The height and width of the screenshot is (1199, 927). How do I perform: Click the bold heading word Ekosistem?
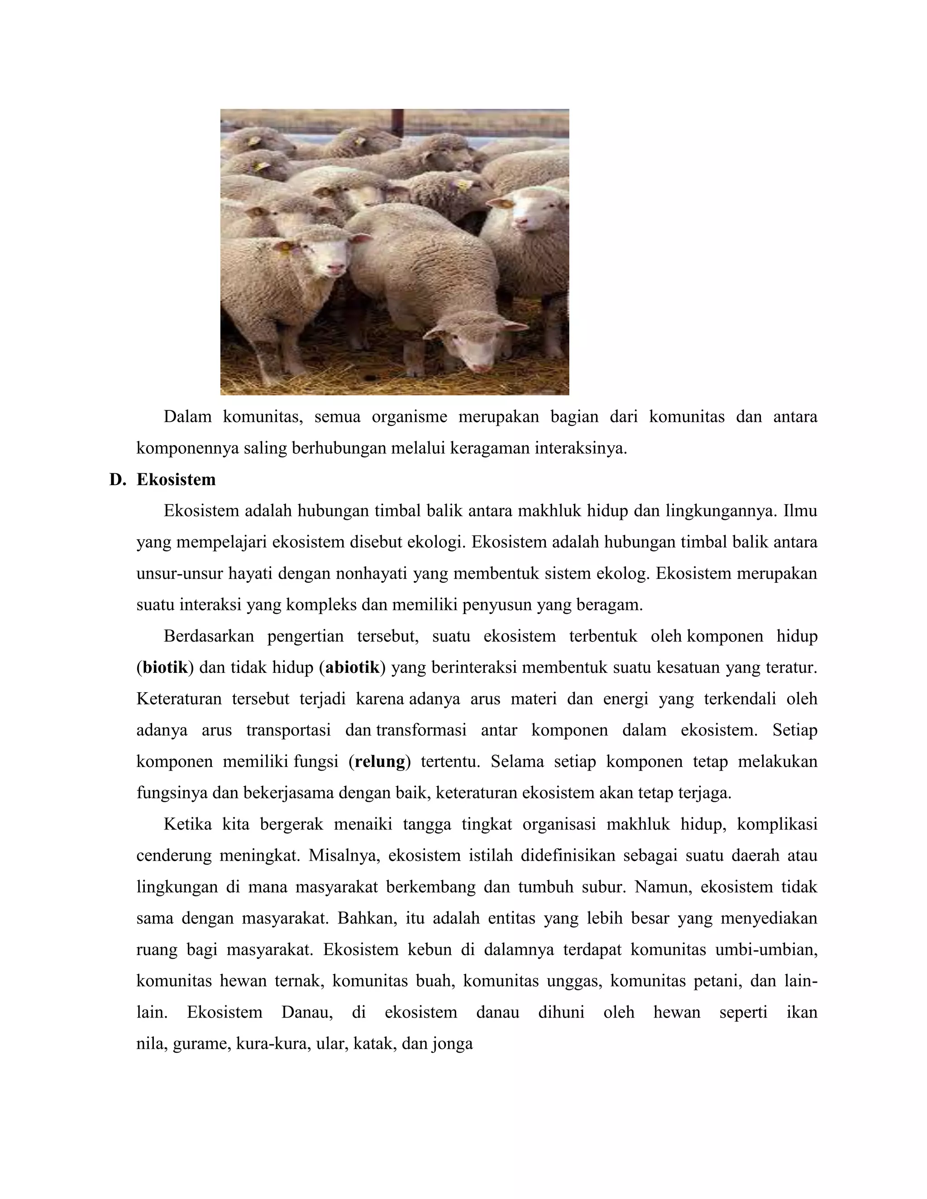(x=176, y=480)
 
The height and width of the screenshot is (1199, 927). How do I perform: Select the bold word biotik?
(x=165, y=667)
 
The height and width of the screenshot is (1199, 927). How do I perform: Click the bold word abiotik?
(x=352, y=667)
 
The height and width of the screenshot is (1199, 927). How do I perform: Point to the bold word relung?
(x=380, y=762)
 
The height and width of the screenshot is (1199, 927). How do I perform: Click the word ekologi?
(x=435, y=542)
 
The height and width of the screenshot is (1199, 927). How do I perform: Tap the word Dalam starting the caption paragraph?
(x=187, y=417)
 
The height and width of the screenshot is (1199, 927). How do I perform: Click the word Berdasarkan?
(x=209, y=636)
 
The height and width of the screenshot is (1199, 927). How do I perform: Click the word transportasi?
(x=288, y=731)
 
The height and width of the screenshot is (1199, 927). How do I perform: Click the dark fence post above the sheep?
(x=397, y=122)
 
